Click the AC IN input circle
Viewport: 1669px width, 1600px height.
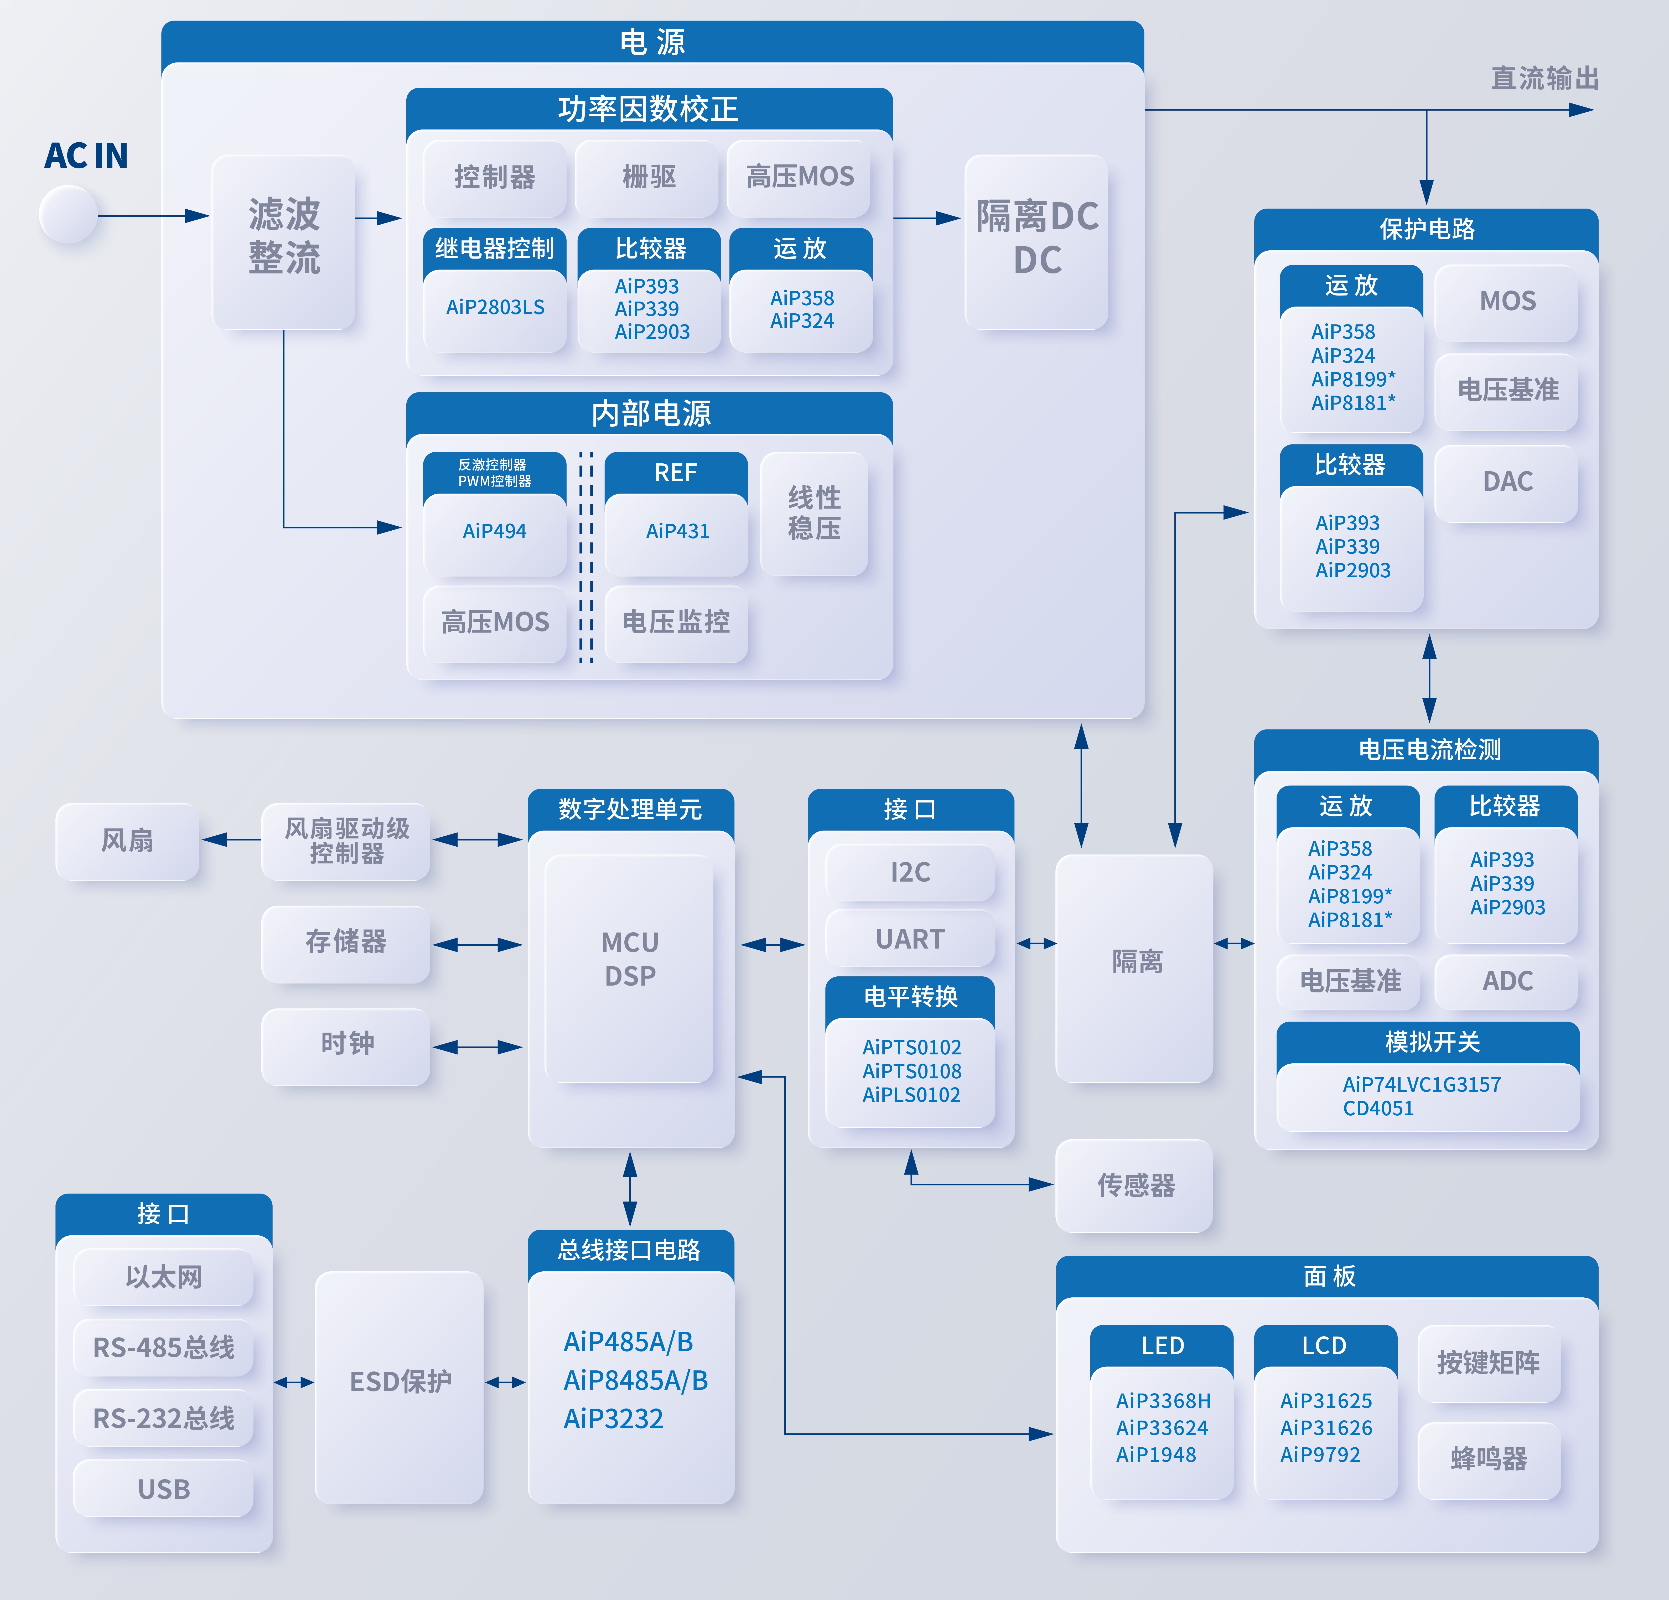(68, 215)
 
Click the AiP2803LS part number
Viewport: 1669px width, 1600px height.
(495, 307)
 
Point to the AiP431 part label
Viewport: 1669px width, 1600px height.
(677, 531)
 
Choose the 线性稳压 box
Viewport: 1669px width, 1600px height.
(814, 514)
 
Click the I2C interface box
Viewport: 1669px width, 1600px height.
(910, 872)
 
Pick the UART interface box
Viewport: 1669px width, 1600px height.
(910, 938)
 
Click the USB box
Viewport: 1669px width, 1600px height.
(163, 1488)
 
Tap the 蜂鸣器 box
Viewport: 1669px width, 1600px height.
(1489, 1459)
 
